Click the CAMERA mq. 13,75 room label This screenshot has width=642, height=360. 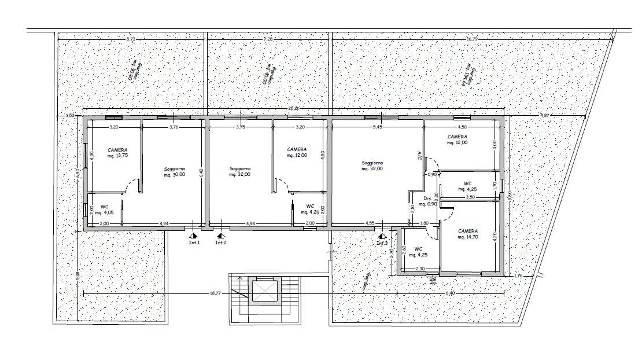tap(117, 153)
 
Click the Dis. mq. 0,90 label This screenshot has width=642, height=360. tap(427, 201)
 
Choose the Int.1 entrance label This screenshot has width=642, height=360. tap(194, 243)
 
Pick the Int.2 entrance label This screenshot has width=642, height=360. tap(221, 243)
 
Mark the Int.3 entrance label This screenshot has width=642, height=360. tap(382, 243)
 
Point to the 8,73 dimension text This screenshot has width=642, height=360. tap(131, 39)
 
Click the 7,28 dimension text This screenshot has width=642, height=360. tap(268, 39)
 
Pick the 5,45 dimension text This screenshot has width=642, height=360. tap(377, 127)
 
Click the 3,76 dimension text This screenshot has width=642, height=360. tap(173, 127)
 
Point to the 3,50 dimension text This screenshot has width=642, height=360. tap(470, 197)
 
